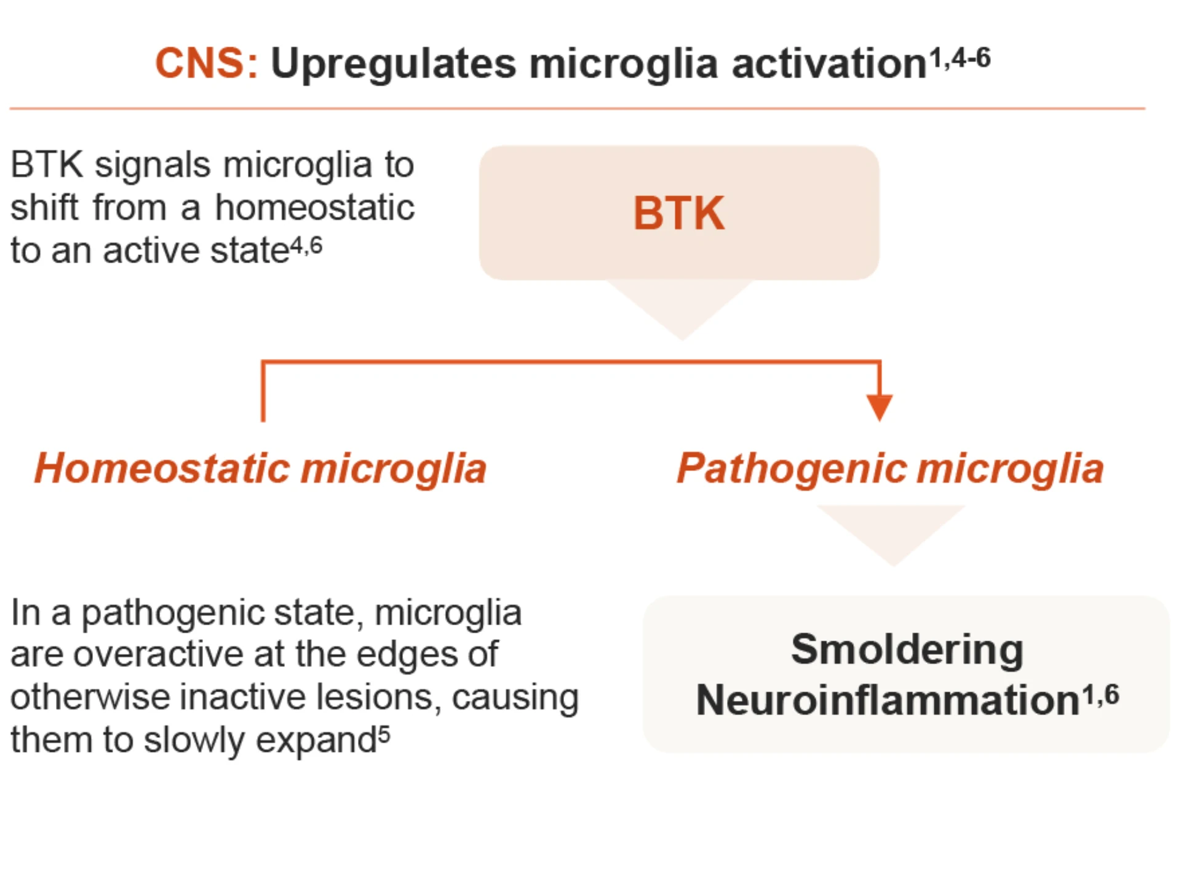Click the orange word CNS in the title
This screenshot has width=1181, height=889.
pyautogui.click(x=200, y=63)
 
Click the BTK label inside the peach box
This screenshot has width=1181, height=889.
pyautogui.click(x=679, y=213)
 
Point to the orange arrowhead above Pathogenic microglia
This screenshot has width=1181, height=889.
pyautogui.click(x=880, y=408)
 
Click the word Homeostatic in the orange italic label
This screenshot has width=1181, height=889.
pyautogui.click(x=162, y=468)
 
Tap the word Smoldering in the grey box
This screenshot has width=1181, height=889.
pyautogui.click(x=907, y=649)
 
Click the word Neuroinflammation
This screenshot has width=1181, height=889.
pyautogui.click(x=888, y=700)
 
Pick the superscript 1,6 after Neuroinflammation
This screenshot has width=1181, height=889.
pyautogui.click(x=1101, y=695)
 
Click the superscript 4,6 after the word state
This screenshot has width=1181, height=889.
pyautogui.click(x=306, y=247)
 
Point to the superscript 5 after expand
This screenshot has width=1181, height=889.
pyautogui.click(x=384, y=734)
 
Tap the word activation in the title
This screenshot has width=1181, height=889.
pyautogui.click(x=829, y=64)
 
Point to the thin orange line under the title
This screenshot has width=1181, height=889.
pyautogui.click(x=577, y=109)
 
